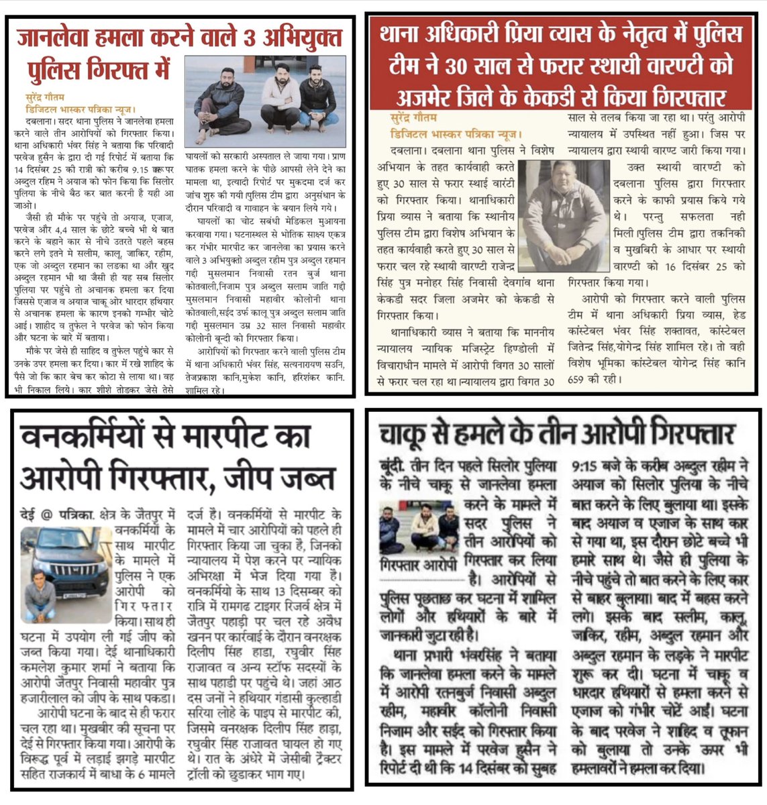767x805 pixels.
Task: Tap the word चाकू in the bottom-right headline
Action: [x=408, y=436]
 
